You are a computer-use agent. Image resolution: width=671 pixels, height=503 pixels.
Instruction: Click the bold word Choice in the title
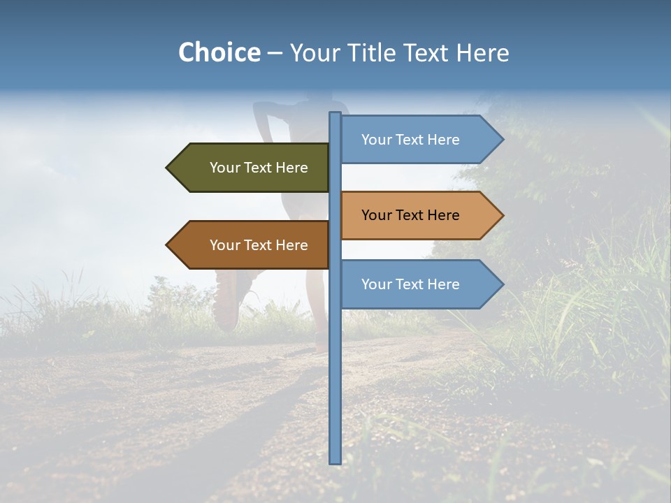click(219, 52)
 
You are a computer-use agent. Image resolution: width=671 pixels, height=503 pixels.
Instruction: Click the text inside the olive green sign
click(259, 168)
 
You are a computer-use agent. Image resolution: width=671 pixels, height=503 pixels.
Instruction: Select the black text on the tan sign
click(411, 215)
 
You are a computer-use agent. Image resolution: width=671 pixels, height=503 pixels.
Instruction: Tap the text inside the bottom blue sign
click(411, 284)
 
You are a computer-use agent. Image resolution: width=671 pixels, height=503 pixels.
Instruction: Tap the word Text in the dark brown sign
click(259, 245)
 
